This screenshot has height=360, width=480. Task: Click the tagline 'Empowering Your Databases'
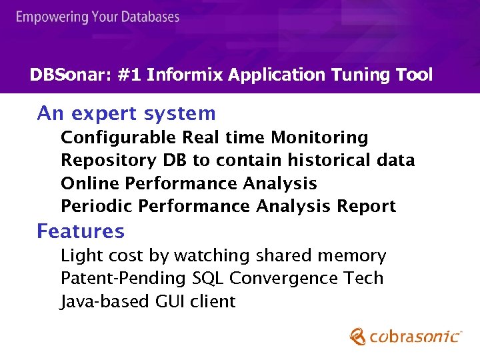97,17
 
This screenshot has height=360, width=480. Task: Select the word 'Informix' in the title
184,75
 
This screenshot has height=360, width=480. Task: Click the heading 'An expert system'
126,114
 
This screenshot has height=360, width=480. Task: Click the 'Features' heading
80,231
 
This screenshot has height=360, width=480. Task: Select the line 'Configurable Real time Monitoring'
214,138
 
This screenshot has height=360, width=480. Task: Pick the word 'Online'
90,183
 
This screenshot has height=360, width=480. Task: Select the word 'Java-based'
105,302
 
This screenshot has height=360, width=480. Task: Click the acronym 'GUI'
171,302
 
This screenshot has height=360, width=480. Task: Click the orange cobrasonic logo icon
358,336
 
